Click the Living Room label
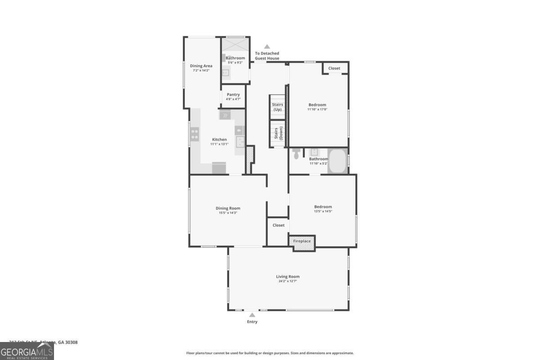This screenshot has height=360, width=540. tap(288, 276)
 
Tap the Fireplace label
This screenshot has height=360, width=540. tap(302, 241)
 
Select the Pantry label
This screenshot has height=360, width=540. tap(233, 94)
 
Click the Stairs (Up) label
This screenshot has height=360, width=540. tap(277, 107)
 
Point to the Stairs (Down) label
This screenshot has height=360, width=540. tap(277, 134)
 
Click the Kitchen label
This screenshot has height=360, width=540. tap(220, 139)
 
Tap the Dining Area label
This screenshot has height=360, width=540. tap(201, 66)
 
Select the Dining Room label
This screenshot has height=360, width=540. tap(228, 208)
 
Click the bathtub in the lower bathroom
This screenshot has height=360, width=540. tap(337, 162)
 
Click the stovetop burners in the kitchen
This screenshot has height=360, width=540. tap(195, 135)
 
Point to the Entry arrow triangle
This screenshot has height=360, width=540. tap(252, 315)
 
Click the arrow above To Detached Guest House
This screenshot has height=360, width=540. tap(267, 46)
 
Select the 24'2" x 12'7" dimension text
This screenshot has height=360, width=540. tap(288, 281)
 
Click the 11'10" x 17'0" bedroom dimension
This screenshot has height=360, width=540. tap(317, 109)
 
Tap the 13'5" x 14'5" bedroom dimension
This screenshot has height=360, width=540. tap(323, 211)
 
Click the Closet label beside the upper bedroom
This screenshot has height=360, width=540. tap(334, 68)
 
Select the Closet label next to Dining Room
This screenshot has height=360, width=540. tap(279, 225)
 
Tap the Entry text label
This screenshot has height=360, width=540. tap(252, 322)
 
